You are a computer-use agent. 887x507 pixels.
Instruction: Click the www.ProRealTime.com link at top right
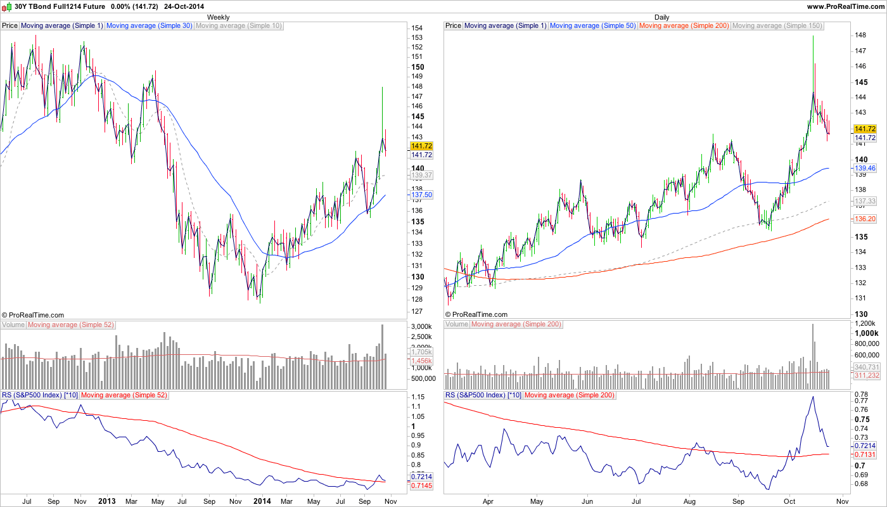(845, 6)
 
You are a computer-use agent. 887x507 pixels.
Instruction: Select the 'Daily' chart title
(662, 17)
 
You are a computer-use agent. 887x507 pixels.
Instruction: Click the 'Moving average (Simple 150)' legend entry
(777, 26)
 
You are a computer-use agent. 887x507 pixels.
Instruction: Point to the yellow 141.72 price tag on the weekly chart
(421, 146)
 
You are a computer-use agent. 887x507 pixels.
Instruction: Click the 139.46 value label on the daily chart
(865, 169)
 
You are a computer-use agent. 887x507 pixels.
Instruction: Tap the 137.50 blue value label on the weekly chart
(421, 195)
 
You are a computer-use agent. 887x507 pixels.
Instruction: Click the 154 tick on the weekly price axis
(417, 29)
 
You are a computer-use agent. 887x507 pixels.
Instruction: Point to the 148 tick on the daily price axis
(860, 35)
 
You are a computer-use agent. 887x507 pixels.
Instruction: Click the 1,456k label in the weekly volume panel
(421, 361)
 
